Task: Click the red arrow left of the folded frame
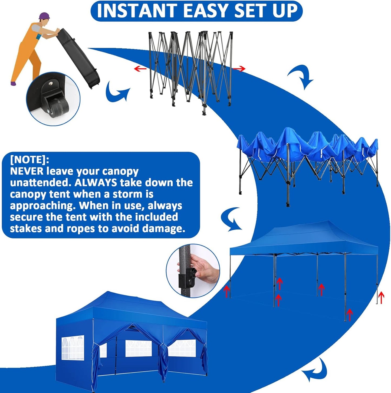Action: (140, 68)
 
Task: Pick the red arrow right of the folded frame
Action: (239, 69)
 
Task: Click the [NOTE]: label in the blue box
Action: (29, 159)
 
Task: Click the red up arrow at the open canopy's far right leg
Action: (381, 297)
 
